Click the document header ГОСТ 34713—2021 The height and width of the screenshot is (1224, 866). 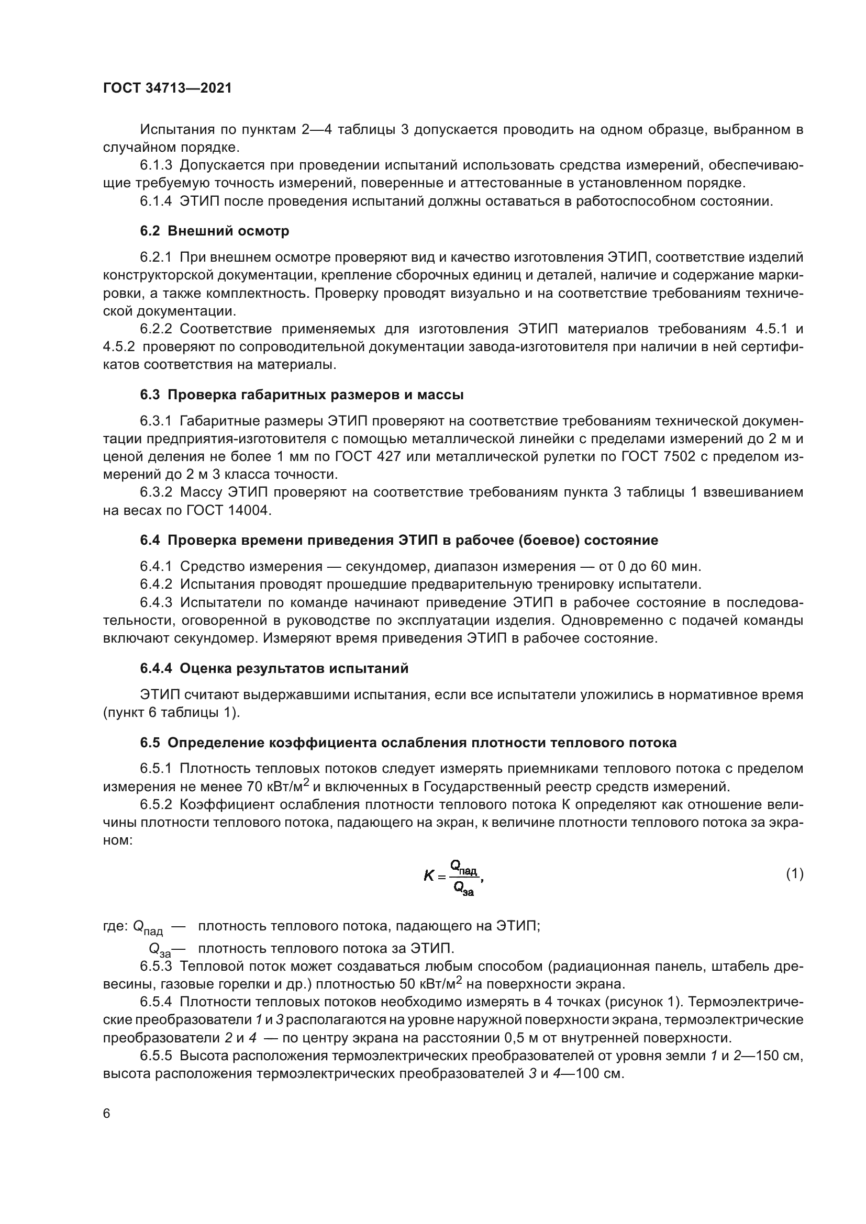click(x=168, y=88)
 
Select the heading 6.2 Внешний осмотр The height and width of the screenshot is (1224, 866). click(x=214, y=231)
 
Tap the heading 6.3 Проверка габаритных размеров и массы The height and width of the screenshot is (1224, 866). click(x=302, y=395)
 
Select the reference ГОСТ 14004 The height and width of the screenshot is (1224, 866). click(x=229, y=511)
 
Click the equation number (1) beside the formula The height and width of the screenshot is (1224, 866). click(x=795, y=873)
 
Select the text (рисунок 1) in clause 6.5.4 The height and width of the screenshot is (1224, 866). click(x=643, y=1002)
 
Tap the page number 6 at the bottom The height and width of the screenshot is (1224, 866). click(x=107, y=1114)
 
